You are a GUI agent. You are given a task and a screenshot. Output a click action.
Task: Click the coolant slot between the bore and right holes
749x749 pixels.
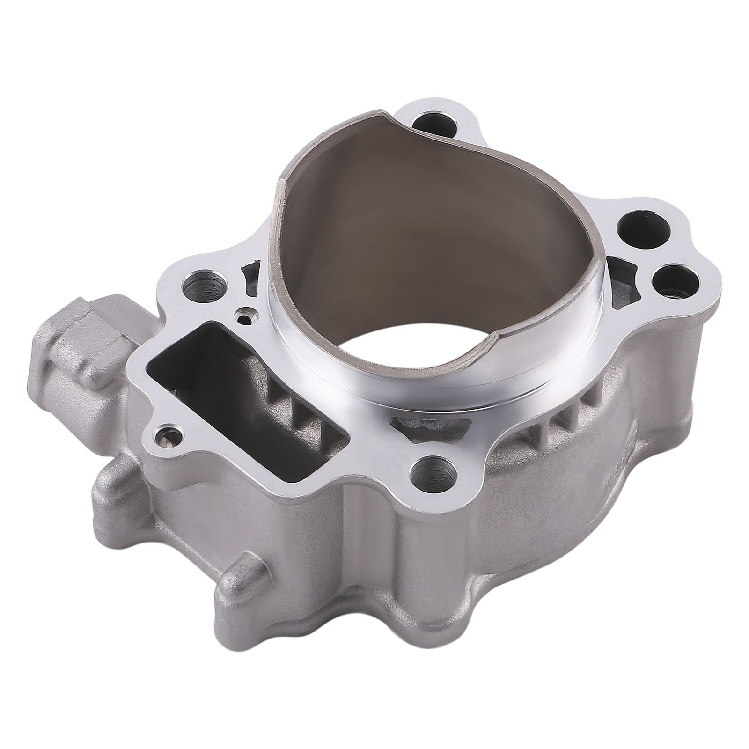point(621,281)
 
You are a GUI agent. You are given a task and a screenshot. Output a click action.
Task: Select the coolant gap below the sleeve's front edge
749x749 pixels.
point(431,424)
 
